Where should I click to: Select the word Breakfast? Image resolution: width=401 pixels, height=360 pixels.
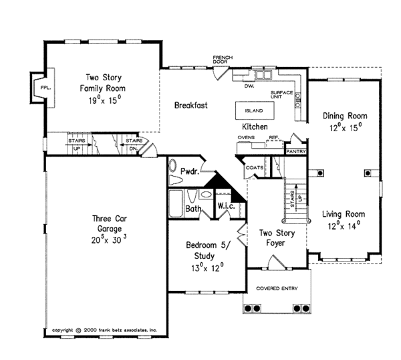191,105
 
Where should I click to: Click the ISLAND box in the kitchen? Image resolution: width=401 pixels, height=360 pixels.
254,110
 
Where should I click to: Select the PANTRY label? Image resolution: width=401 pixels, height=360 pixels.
295,152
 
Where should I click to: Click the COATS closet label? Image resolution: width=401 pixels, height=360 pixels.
254,167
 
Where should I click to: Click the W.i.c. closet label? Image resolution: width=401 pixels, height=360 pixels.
225,206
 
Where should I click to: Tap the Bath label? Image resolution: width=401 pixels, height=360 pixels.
194,209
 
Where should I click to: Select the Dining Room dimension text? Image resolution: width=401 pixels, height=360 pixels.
344,125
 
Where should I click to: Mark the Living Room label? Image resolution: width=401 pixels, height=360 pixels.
344,214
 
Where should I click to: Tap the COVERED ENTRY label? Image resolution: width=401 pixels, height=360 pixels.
277,288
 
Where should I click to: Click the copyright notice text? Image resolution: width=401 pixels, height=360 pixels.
104,330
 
